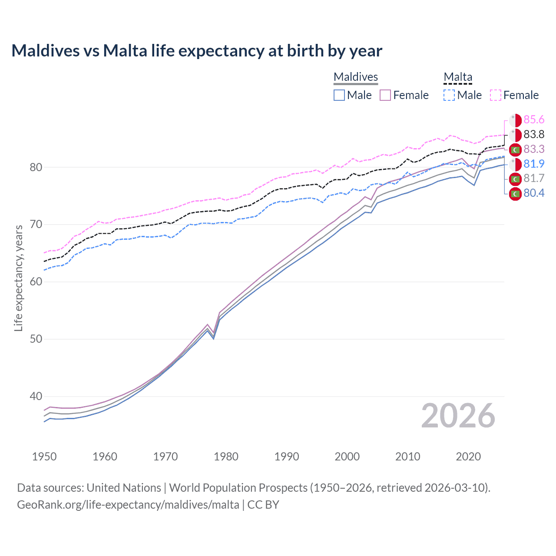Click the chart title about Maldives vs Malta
197,51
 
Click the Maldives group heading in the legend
356,77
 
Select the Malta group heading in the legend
458,77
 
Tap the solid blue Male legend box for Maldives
339,95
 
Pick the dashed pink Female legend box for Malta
496,95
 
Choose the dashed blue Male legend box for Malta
449,95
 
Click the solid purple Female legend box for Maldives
385,95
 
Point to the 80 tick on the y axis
36,167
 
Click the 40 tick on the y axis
36,396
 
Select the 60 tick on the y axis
36,281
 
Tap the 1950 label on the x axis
44,457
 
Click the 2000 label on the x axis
347,457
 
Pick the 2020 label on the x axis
468,457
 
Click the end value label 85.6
534,120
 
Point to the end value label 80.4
534,193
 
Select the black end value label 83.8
534,135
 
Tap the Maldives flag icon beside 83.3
515,149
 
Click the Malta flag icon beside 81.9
515,164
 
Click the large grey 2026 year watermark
458,416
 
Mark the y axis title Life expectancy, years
18,278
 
